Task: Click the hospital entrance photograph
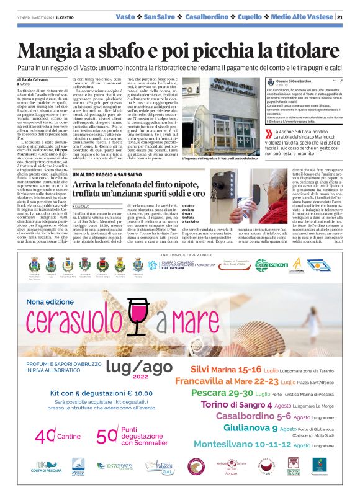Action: (221, 114)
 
